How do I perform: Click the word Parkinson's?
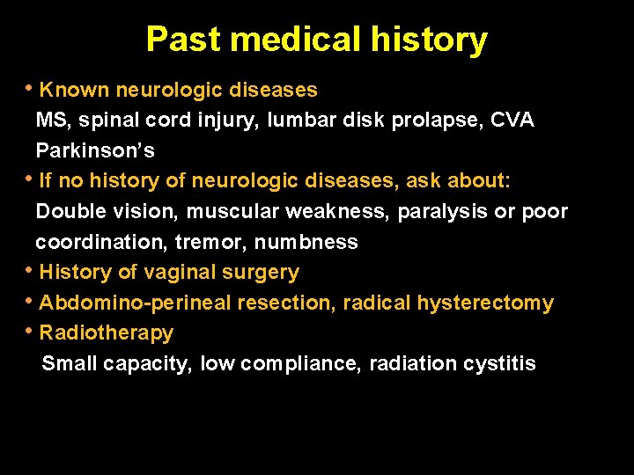pos(95,150)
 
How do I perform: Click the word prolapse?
pos(424,121)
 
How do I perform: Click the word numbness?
pos(306,242)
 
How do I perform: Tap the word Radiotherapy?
pos(106,333)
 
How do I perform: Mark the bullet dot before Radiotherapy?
pos(32,331)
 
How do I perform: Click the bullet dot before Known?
pos(32,87)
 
